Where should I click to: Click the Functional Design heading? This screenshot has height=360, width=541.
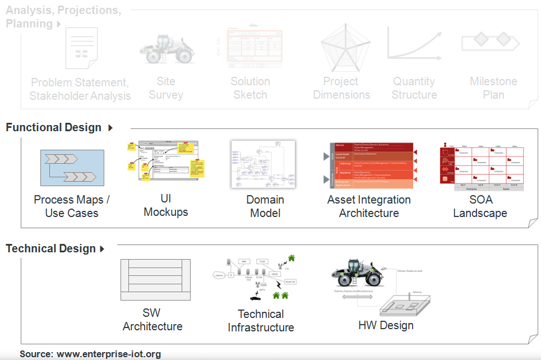point(54,128)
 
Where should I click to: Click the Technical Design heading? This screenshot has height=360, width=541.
point(50,248)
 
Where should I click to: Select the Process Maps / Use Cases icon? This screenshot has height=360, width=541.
point(72,168)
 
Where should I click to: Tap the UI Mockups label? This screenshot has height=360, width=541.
point(165,206)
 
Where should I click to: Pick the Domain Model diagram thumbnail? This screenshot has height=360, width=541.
point(263,164)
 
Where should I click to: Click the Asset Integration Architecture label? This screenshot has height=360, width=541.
point(369,206)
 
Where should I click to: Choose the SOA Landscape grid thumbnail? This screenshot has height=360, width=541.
point(481,168)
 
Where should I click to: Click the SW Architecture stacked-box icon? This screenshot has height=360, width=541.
point(155,279)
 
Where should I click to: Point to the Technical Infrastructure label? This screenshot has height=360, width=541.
point(261,321)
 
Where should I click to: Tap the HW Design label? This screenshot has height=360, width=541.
point(386,325)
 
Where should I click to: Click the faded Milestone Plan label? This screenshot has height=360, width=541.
point(493,88)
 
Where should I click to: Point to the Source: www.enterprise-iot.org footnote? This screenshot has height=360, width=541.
point(90,354)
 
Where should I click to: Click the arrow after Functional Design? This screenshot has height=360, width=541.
point(110,128)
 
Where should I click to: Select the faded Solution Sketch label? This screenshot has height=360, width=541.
point(250,88)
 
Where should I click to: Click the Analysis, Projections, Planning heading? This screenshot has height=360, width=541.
point(63,17)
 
